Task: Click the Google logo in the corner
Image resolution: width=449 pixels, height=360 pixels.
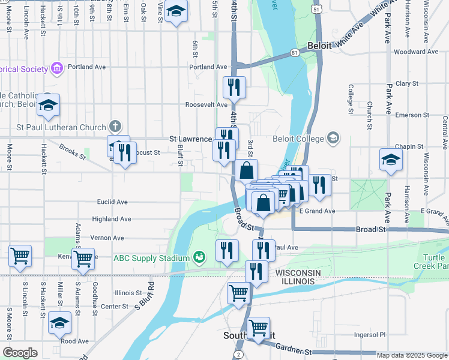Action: [x=20, y=353]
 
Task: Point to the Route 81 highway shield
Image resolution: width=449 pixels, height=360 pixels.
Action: [x=294, y=53]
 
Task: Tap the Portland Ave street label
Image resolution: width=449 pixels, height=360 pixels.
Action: [x=208, y=67]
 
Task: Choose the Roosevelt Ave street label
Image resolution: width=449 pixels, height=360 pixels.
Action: [x=206, y=104]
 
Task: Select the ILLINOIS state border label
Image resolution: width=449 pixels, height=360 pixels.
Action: [x=295, y=281]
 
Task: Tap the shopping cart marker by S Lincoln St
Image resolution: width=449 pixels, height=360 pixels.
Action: [x=20, y=256]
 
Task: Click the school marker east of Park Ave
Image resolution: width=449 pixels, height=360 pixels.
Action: [x=391, y=160]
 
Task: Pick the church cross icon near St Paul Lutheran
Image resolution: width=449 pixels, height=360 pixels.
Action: [x=115, y=127]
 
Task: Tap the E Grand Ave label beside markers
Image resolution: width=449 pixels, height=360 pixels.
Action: [x=318, y=211]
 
